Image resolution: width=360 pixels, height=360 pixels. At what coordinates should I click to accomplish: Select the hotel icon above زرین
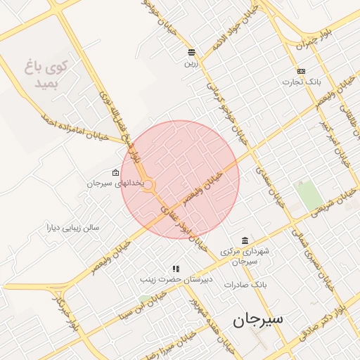coord(191,52)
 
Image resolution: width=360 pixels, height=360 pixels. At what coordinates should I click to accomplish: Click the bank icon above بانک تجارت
coord(301,71)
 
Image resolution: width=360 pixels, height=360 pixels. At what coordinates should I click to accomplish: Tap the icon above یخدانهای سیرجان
coord(115,172)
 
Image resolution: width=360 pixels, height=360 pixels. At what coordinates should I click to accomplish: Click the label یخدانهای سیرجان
coord(115,184)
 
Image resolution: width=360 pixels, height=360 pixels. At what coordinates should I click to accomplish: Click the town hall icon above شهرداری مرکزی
coord(244,240)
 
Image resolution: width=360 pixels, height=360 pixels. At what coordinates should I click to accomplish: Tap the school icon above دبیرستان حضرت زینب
coord(176,269)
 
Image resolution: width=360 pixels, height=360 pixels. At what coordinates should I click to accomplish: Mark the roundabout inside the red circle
coord(148,184)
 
